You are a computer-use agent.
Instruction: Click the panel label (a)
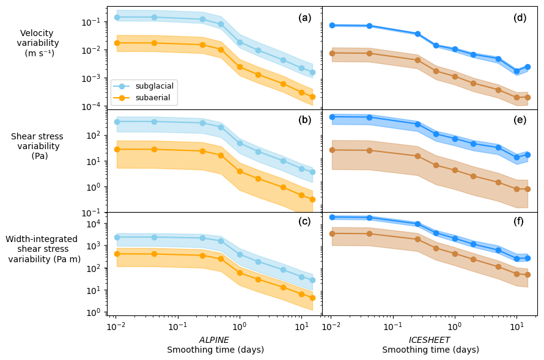[x=304, y=18]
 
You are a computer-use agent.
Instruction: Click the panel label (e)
[x=520, y=120]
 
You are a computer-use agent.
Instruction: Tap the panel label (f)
[x=520, y=221]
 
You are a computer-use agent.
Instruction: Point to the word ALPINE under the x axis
[x=214, y=340]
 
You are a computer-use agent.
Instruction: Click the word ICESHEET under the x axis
[x=429, y=340]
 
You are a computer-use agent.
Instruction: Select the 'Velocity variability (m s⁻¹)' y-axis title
[x=38, y=43]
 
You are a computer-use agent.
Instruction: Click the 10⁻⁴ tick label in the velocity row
[x=92, y=106]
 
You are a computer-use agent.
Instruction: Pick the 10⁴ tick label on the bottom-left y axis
[x=94, y=224]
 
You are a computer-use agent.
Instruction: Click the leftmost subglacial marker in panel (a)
[x=117, y=18]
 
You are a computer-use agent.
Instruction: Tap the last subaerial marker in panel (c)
[x=312, y=298]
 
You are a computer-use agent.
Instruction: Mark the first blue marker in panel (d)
[x=332, y=25]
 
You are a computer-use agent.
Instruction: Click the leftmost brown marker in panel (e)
[x=332, y=150]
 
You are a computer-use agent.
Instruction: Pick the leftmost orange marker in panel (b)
[x=117, y=149]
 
